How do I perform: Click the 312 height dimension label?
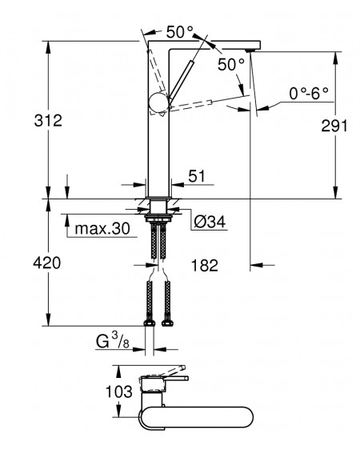tap(48, 120)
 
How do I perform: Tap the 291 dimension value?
tap(334, 126)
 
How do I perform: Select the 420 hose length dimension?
tap(47, 263)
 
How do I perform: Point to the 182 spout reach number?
tap(205, 265)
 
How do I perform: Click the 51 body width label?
tap(197, 176)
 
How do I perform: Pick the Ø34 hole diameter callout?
tap(210, 222)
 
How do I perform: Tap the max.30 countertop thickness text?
tap(102, 229)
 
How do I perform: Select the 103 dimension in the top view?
tap(119, 392)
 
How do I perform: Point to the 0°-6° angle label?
tap(309, 94)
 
